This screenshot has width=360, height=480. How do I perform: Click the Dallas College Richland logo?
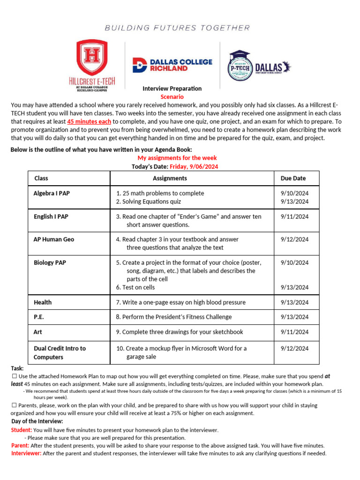point(172,65)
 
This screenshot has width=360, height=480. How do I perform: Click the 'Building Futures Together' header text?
point(178,28)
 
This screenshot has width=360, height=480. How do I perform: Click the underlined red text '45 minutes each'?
point(90,121)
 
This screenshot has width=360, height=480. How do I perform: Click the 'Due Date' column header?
point(293,178)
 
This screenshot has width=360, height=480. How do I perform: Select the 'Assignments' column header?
point(170,178)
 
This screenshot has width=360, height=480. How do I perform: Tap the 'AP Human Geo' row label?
point(54,239)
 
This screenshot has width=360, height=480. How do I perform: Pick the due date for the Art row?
point(294,332)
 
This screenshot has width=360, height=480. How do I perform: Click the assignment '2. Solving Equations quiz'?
point(148,202)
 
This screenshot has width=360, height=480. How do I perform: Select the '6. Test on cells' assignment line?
point(135,287)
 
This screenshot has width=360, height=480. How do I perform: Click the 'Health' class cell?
point(43,302)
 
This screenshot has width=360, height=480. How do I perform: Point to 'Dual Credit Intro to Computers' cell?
point(60,352)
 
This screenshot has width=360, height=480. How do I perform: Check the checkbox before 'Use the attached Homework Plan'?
point(14,376)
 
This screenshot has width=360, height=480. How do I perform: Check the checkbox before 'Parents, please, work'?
point(14,405)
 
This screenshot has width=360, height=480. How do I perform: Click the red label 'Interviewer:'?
point(26,453)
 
